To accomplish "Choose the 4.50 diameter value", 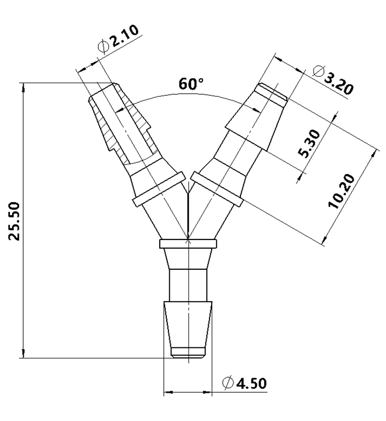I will click(252, 384).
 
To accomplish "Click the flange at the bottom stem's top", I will click(188, 245).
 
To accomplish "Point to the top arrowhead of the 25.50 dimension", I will click(22, 87).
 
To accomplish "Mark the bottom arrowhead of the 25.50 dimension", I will click(22, 353).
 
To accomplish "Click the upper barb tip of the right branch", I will click(272, 93).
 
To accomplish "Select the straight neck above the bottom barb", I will click(187, 285).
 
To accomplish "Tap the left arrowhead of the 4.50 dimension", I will click(168, 391).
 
